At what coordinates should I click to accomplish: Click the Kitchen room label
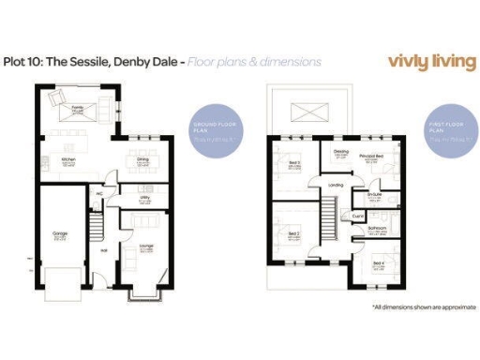(x=67, y=159)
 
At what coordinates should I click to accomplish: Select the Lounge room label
(x=147, y=246)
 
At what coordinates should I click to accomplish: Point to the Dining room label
(x=143, y=159)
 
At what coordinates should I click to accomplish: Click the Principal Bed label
(x=372, y=155)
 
